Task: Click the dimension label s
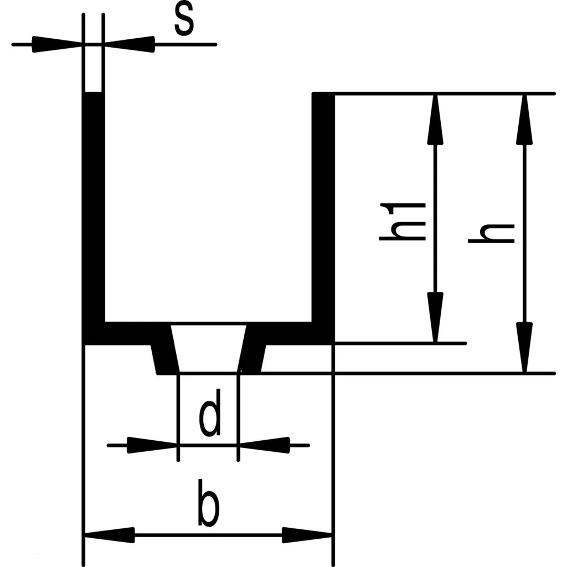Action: pos(184,21)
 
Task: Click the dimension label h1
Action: pos(403,221)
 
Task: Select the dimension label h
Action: pos(492,233)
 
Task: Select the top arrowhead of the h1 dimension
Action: pos(436,119)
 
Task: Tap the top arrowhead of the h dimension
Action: pos(524,119)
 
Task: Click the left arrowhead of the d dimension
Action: pos(152,444)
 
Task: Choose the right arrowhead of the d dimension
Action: pos(264,444)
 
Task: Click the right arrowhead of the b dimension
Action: pos(307,535)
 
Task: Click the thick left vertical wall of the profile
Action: pos(94,210)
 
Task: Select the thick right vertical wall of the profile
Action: pos(323,210)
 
